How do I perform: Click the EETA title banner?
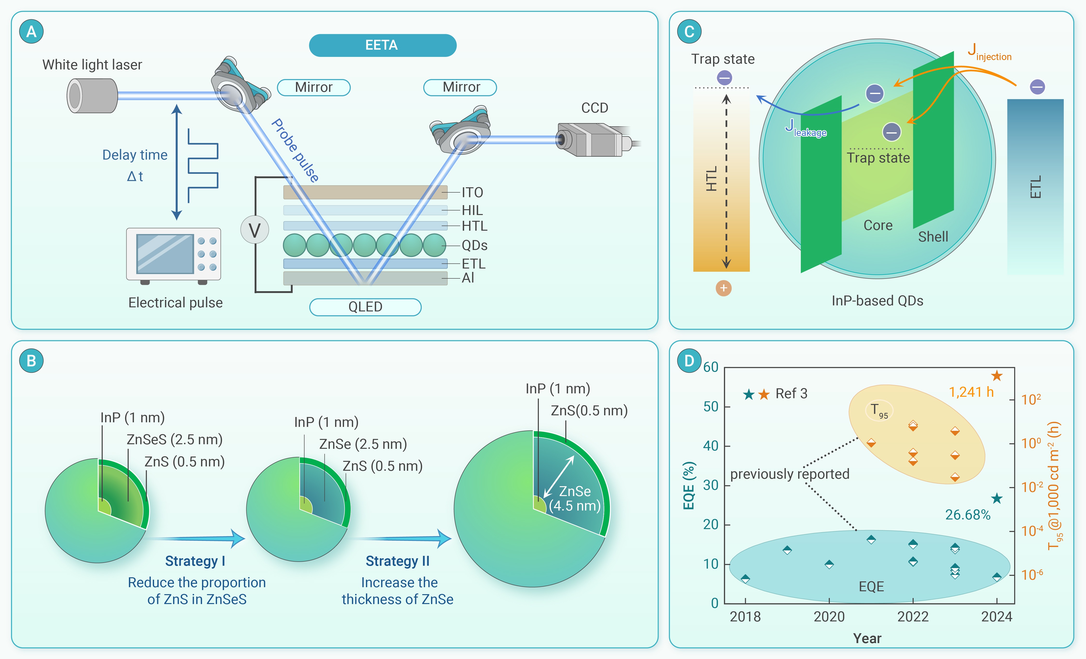[382, 45]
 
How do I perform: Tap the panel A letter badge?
[31, 32]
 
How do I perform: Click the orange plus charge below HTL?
[723, 288]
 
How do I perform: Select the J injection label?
[989, 53]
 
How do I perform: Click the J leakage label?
[805, 129]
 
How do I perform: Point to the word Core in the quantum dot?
[877, 225]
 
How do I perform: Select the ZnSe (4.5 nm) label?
[575, 498]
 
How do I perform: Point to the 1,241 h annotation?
[971, 392]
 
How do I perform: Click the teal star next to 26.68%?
[997, 498]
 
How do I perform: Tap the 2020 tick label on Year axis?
[829, 617]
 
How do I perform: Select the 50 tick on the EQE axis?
[710, 406]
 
